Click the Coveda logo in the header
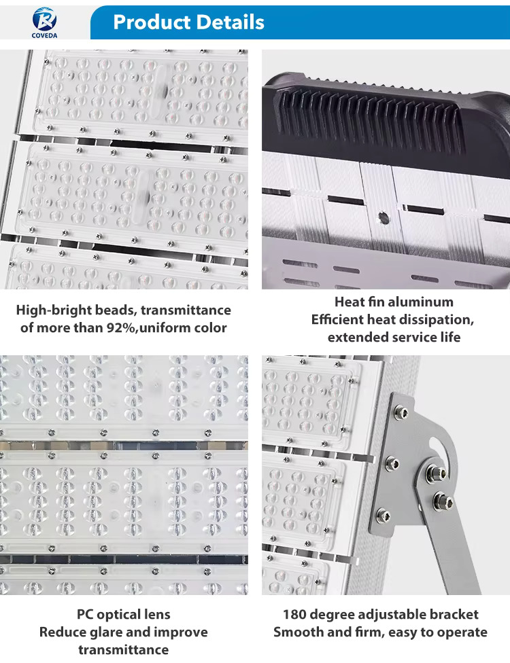tap(44, 22)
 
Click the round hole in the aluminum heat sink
tap(384, 218)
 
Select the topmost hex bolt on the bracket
tap(401, 412)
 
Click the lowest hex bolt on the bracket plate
tap(384, 515)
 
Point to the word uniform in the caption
tap(165, 327)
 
